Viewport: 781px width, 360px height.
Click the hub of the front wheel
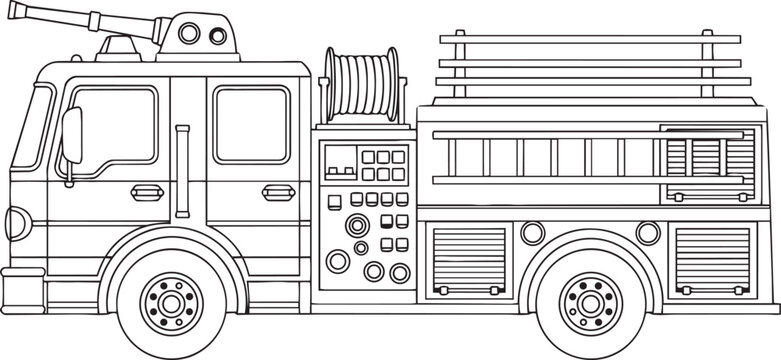coord(163,298)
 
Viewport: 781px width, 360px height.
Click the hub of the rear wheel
coord(584,298)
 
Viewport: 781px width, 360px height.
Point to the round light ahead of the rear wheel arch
coord(530,233)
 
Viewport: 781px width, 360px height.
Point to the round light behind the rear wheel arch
coord(648,233)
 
